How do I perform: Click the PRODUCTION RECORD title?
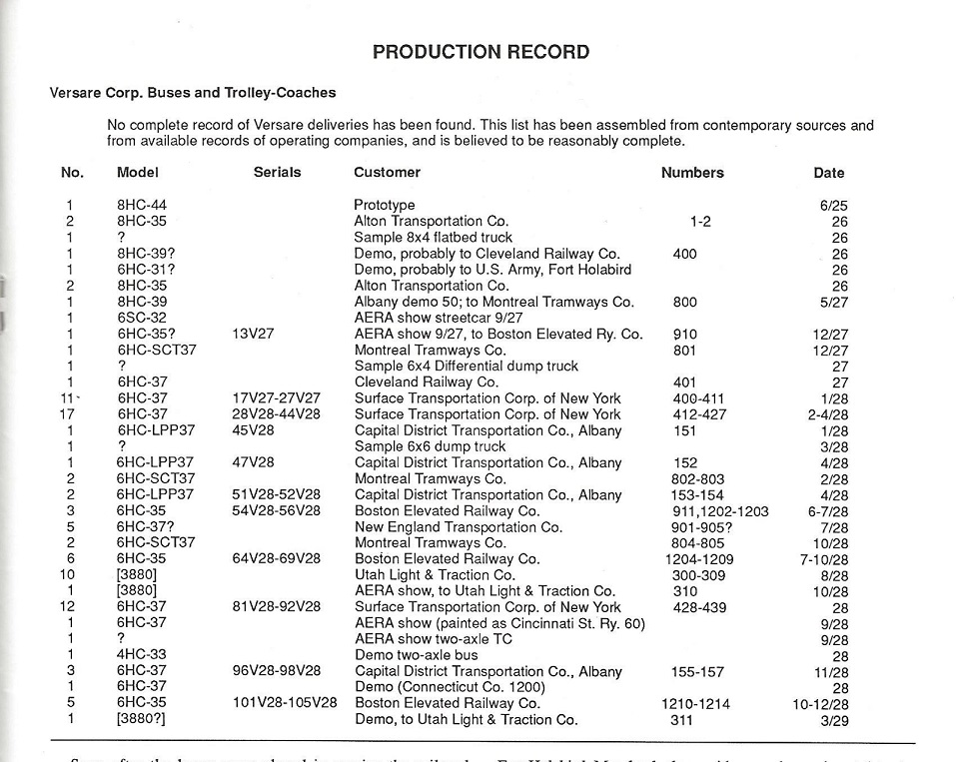(x=480, y=52)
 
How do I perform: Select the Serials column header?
(x=277, y=172)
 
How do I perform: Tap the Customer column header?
(x=387, y=172)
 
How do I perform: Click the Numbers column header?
(x=692, y=172)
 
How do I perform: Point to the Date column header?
(x=828, y=173)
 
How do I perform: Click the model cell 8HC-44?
(x=142, y=206)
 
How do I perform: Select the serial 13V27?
(x=253, y=335)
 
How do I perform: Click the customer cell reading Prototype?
(x=385, y=206)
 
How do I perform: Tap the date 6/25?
(x=833, y=206)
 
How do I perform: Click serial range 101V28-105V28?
(x=277, y=704)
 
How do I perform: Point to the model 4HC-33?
(x=142, y=656)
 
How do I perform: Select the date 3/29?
(x=833, y=720)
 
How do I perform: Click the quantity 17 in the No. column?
(x=68, y=414)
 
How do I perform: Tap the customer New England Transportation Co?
(x=459, y=527)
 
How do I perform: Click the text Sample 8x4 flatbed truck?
(x=434, y=238)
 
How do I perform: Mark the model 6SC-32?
(x=142, y=319)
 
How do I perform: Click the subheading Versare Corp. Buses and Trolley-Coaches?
(x=193, y=93)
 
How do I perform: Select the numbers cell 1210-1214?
(x=695, y=704)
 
